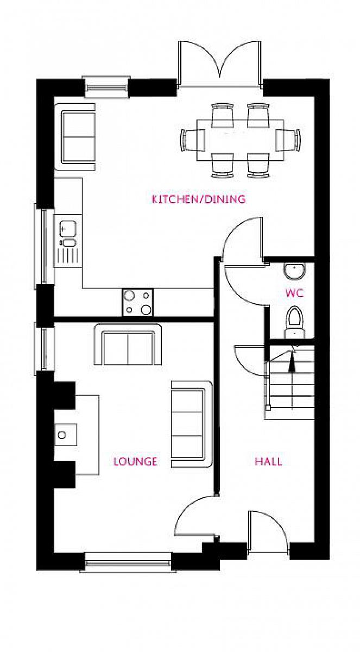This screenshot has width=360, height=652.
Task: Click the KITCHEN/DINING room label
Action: tap(199, 199)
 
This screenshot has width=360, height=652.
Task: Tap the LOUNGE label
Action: tap(135, 461)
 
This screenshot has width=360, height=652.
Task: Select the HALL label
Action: tap(268, 461)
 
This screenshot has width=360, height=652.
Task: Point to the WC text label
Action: tap(295, 293)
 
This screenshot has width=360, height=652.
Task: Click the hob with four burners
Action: tap(137, 302)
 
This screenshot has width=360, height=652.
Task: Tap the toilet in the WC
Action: tap(295, 322)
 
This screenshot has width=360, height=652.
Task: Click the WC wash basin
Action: tap(295, 271)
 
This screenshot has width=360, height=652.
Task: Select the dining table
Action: tap(240, 140)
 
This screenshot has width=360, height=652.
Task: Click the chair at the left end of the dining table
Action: tap(192, 140)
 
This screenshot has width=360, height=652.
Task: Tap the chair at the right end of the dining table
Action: tap(288, 140)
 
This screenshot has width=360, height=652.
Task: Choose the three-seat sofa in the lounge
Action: tap(192, 424)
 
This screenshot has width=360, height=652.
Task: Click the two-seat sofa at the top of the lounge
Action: tap(128, 344)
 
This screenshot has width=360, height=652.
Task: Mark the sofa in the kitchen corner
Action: tap(75, 137)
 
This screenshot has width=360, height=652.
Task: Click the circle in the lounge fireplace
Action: tap(62, 435)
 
